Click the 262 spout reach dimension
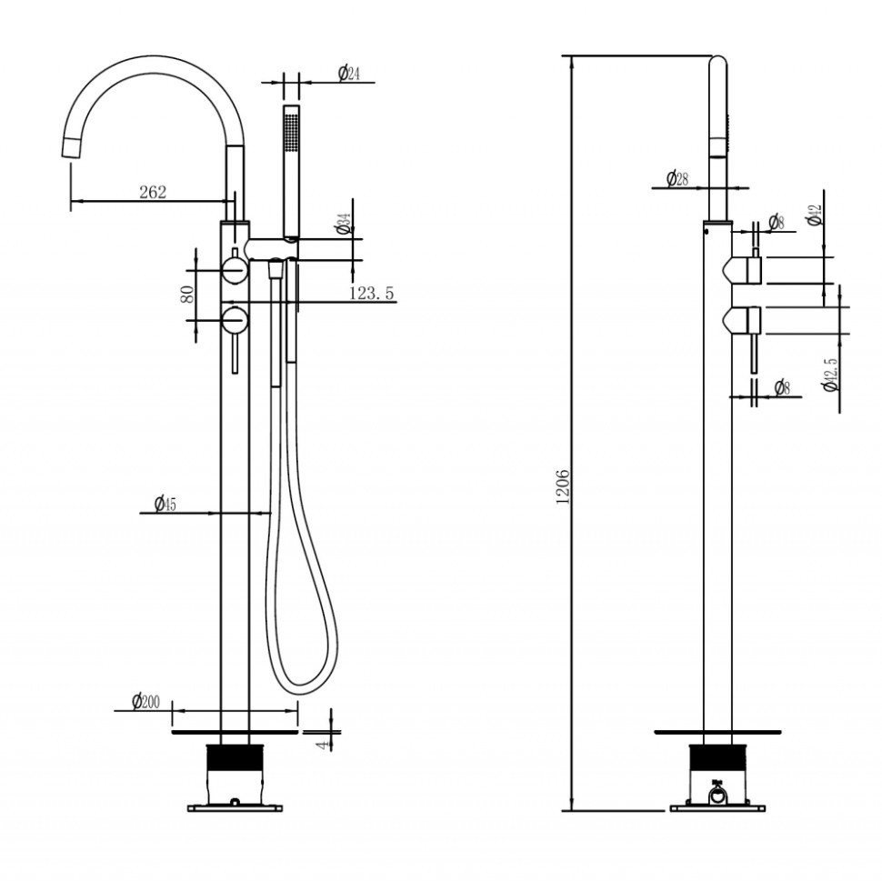tap(152, 192)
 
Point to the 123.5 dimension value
tap(371, 293)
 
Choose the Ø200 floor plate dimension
tap(145, 701)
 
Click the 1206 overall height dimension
tap(562, 486)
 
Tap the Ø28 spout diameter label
tap(677, 178)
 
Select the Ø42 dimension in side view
tap(814, 215)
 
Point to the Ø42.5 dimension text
tap(828, 374)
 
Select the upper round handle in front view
tap(235, 270)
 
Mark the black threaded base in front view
tap(235, 759)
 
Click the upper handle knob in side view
tap(746, 269)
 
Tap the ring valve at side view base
tap(718, 797)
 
